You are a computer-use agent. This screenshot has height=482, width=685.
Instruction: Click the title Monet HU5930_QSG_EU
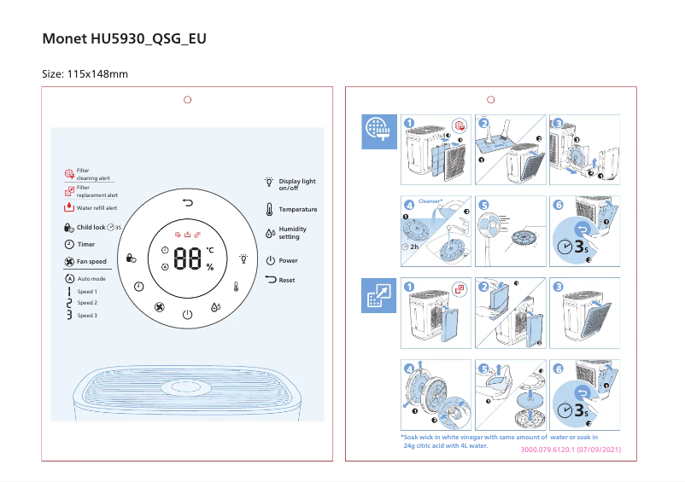click(x=124, y=40)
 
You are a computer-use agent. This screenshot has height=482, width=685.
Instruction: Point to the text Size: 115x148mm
click(x=85, y=74)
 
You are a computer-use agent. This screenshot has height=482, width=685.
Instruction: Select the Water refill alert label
click(x=97, y=207)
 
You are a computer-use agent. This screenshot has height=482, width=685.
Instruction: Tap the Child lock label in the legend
click(x=91, y=228)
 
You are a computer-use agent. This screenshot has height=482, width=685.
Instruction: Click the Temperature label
click(x=297, y=209)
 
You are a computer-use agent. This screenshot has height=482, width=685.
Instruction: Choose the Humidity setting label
click(x=292, y=233)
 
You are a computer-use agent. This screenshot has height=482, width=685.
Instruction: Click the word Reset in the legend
click(x=287, y=280)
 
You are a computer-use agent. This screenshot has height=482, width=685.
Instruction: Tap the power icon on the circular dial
click(x=188, y=315)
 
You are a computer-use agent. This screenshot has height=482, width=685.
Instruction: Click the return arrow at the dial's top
click(x=188, y=202)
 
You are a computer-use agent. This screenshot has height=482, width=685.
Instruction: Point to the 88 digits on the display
click(x=187, y=259)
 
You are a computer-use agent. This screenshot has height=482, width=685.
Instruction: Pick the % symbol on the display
click(x=209, y=267)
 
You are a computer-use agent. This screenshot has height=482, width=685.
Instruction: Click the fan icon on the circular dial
click(x=159, y=307)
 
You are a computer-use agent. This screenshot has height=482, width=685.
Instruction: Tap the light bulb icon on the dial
click(x=243, y=258)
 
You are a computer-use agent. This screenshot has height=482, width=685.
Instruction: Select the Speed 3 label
click(x=87, y=316)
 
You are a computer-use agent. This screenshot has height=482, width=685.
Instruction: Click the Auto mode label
click(x=91, y=279)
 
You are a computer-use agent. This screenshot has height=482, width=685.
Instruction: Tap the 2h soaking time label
click(x=413, y=247)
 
